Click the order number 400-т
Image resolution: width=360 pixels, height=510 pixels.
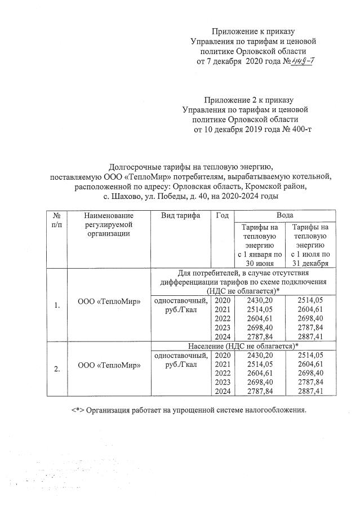(299, 129)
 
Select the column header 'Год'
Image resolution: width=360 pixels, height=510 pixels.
(222, 216)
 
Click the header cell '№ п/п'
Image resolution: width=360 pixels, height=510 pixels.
(56, 220)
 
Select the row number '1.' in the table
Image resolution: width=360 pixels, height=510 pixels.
(57, 305)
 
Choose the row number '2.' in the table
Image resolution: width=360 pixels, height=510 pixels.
(57, 369)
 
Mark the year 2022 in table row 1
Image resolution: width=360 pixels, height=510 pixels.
(223, 319)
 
